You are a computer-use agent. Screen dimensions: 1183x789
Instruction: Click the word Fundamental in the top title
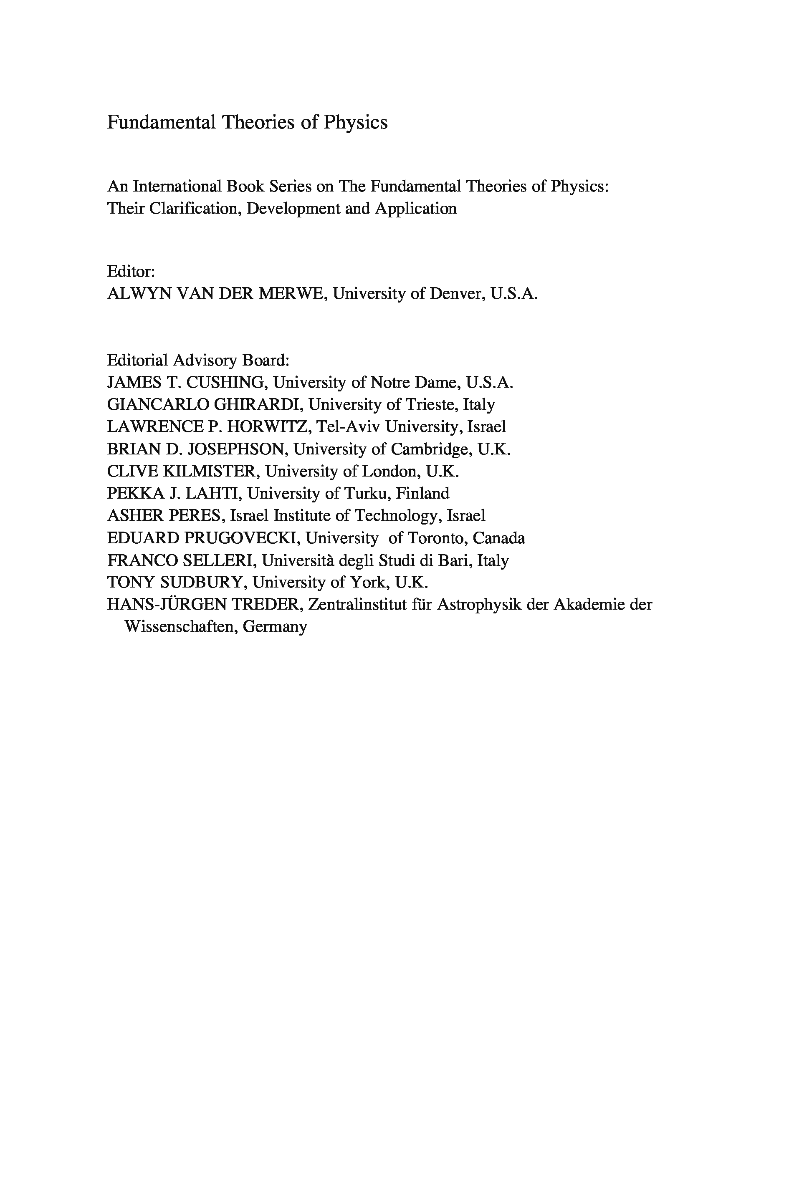coord(161,123)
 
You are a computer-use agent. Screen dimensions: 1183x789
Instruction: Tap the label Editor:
coord(131,272)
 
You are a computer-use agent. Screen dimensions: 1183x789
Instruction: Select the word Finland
coord(422,493)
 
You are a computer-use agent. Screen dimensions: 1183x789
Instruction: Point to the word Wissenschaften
coord(179,627)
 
